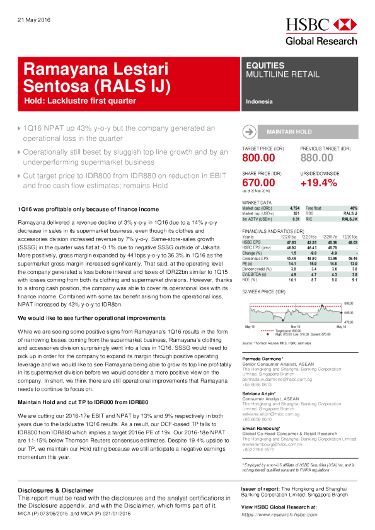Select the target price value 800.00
(258, 158)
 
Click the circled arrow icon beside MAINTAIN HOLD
(250, 132)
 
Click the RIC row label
(309, 218)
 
